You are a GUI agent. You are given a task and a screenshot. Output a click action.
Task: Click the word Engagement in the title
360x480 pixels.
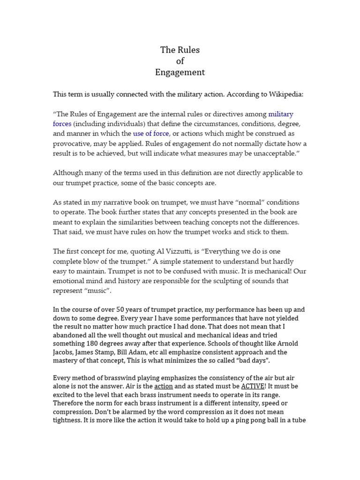pyautogui.click(x=180, y=72)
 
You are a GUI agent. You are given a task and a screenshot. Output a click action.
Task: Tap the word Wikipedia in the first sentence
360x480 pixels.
pyautogui.click(x=285, y=94)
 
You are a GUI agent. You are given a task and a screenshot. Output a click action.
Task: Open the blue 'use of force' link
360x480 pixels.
pyautogui.click(x=151, y=134)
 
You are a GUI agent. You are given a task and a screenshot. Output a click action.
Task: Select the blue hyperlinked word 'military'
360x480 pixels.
pyautogui.click(x=281, y=114)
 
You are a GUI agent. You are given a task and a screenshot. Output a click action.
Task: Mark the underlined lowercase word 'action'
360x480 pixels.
pyautogui.click(x=164, y=386)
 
